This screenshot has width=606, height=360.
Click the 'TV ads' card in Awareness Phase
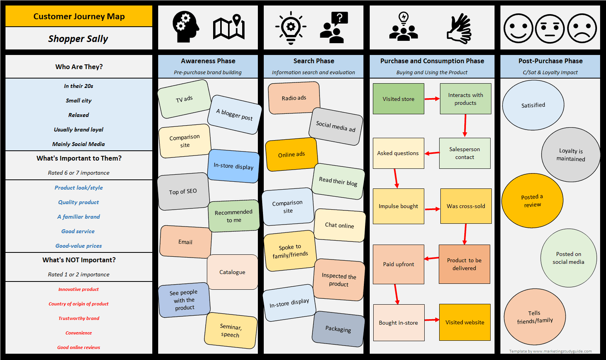(x=184, y=99)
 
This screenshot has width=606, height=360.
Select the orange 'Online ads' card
(x=291, y=154)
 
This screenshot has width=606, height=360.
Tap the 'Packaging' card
(x=338, y=329)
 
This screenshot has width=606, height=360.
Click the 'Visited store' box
(x=398, y=99)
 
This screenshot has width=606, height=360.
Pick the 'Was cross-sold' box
(x=466, y=206)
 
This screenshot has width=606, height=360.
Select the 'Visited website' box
(x=465, y=322)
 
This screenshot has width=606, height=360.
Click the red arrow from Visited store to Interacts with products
(x=432, y=99)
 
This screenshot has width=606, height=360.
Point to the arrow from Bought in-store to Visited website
(x=432, y=320)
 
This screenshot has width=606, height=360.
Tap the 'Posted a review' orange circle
(x=532, y=201)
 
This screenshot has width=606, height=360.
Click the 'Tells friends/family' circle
(x=535, y=317)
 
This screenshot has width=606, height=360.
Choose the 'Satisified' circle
(x=533, y=105)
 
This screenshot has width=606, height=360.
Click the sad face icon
(x=582, y=28)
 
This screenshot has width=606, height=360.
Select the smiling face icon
(x=518, y=28)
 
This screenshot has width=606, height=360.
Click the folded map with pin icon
(x=229, y=27)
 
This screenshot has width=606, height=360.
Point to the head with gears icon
(x=185, y=27)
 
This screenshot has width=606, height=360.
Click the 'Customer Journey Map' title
(x=79, y=16)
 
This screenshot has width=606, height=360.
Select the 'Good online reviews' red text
(x=78, y=347)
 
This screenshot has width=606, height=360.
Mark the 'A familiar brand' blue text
(x=78, y=217)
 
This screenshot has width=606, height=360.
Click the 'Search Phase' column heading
(x=314, y=61)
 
